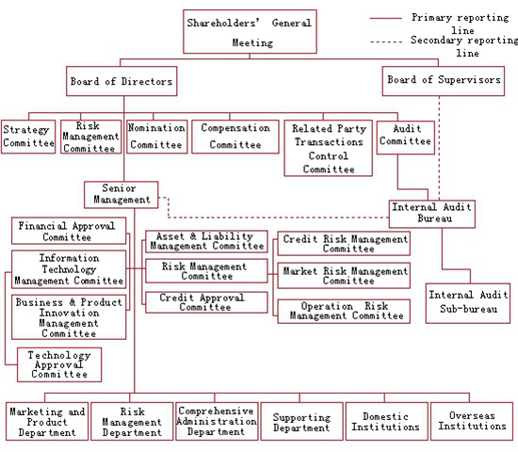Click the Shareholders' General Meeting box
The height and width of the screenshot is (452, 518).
click(251, 31)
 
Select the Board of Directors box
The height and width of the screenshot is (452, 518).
click(121, 81)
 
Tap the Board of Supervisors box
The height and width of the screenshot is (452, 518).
click(444, 81)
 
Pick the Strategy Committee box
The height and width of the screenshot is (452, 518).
click(28, 137)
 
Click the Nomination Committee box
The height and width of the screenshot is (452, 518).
click(157, 137)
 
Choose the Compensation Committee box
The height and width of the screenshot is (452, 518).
click(235, 137)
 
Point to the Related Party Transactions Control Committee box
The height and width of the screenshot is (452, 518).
click(329, 148)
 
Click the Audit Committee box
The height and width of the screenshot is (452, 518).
click(406, 137)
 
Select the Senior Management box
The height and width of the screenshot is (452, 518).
click(121, 195)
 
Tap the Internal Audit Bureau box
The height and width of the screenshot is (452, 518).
click(432, 214)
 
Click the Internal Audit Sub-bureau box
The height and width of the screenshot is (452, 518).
click(468, 303)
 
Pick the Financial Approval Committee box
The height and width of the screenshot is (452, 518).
click(69, 231)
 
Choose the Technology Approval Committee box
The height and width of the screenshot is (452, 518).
click(59, 364)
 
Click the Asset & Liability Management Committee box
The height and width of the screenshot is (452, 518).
click(206, 241)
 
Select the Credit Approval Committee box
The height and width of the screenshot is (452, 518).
click(206, 302)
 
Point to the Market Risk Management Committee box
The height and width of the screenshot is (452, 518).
click(344, 276)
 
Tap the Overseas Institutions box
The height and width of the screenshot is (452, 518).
click(472, 421)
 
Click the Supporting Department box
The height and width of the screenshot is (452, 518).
click(301, 421)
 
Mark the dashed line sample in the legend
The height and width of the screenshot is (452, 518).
click(386, 42)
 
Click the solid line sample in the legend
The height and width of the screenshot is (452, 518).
click(386, 18)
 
